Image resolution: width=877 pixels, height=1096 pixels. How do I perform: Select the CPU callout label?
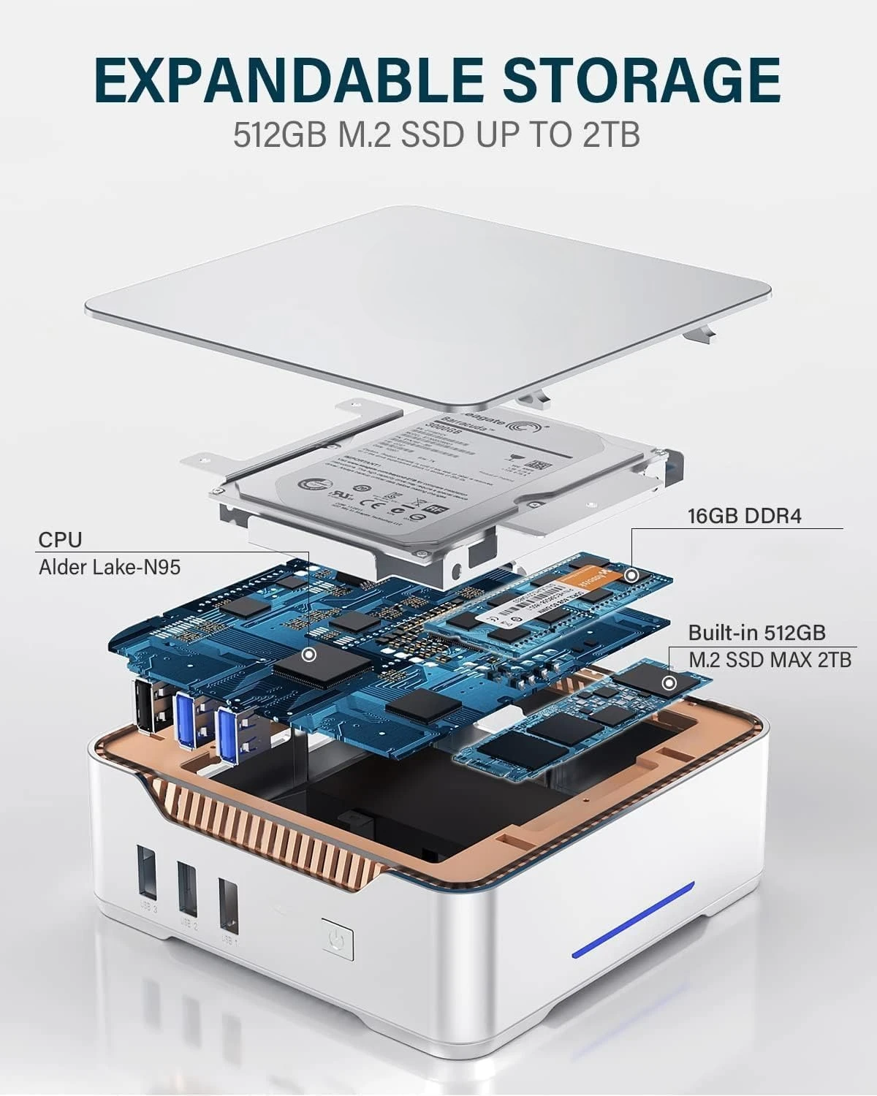tap(60, 540)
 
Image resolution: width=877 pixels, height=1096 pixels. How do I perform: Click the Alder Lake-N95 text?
tap(109, 566)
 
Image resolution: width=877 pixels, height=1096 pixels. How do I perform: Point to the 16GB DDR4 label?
tap(744, 516)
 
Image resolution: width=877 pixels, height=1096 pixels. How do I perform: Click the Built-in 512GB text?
tap(756, 632)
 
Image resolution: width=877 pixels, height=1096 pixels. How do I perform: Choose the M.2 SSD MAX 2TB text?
tap(770, 659)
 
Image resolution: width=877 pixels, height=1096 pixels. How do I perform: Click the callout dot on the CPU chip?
tap(310, 654)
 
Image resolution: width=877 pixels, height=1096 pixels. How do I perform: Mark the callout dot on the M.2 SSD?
tap(668, 683)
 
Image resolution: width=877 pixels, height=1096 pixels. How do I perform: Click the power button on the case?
tap(337, 943)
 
